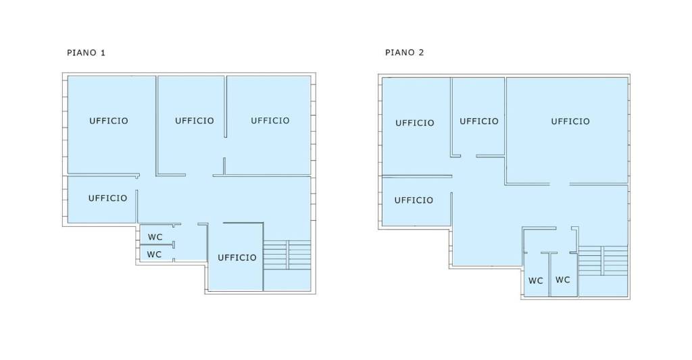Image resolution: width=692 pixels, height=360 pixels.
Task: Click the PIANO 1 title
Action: coord(86,53)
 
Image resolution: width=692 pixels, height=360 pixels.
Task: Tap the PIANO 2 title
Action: coord(404,53)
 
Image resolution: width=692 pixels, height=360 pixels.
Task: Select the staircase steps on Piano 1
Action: coord(287,255)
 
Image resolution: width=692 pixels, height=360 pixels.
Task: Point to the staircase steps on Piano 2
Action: coord(603,261)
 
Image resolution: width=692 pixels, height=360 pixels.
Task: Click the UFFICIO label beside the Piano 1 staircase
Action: coord(237,257)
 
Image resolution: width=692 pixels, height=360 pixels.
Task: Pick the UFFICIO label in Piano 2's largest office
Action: coord(570,122)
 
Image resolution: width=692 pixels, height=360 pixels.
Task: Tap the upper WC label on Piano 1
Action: coord(155,237)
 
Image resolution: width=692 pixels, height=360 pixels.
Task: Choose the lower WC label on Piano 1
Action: coord(154,255)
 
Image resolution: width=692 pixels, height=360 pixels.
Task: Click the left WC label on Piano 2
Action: coord(536,281)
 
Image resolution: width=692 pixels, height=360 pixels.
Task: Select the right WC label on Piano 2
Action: coord(563,280)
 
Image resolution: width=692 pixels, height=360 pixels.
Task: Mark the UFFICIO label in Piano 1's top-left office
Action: coord(109,121)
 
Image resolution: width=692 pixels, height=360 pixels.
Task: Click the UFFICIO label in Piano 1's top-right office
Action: coord(270,121)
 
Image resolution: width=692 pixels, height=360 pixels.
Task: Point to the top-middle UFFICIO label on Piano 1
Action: coord(194,121)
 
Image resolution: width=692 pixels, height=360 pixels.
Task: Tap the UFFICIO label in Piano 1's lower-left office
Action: coord(107,199)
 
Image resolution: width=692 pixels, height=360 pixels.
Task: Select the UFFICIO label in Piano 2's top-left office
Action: coord(414,123)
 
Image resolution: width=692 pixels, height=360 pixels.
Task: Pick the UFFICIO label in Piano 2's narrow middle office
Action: coord(479,122)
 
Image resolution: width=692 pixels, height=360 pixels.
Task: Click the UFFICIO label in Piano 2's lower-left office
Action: coord(414,201)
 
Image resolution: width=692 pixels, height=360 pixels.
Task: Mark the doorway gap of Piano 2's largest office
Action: coord(560,184)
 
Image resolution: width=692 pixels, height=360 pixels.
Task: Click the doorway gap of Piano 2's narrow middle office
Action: coord(468,156)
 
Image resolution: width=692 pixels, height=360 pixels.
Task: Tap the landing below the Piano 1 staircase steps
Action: coord(287,280)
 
